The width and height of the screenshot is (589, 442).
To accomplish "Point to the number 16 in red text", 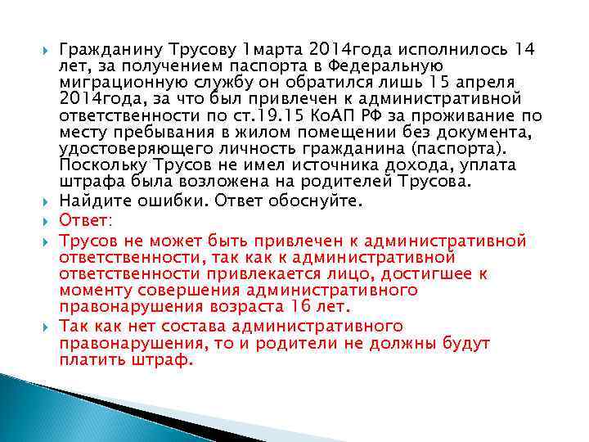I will tap(302, 307).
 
